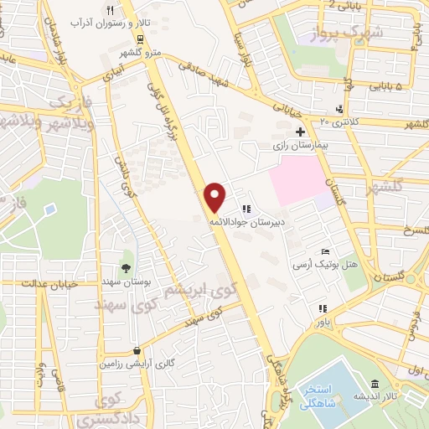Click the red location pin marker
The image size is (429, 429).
point(215,196)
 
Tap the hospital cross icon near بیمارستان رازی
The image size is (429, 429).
point(300,132)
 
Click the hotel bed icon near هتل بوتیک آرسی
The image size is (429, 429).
point(327,252)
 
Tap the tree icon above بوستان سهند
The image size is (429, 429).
point(126,269)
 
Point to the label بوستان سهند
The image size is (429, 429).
point(126,283)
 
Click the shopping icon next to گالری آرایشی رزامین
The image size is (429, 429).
point(136,351)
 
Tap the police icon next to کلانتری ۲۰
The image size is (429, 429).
point(339,109)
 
